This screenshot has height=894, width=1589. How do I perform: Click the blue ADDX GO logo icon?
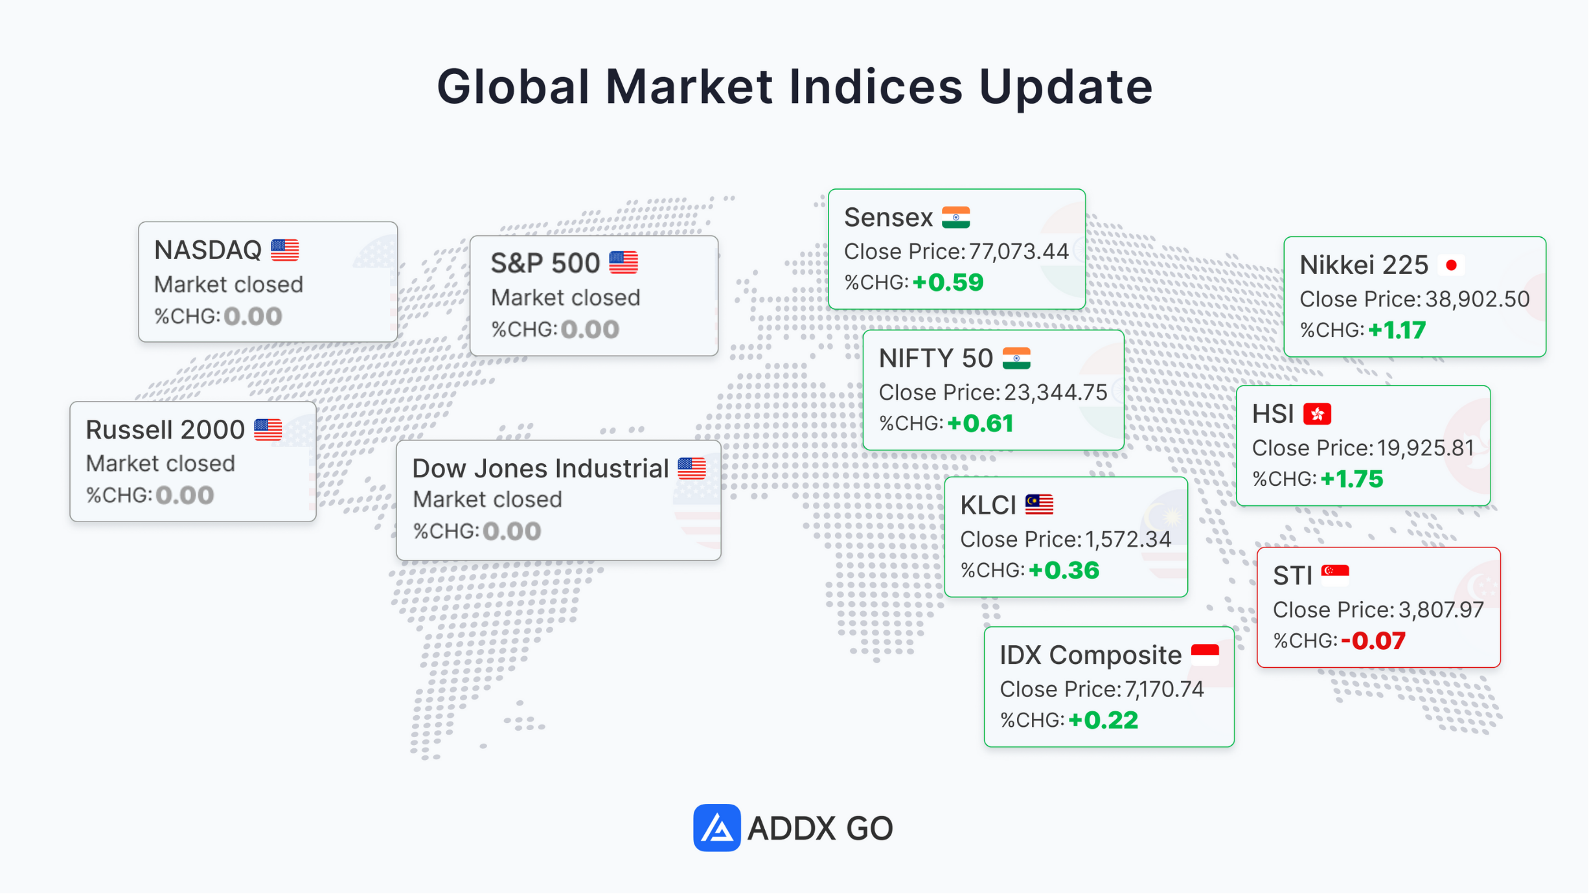coord(716,828)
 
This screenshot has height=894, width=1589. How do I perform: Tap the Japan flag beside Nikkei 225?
coord(1451,265)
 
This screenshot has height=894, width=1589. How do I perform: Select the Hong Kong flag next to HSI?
coord(1317,414)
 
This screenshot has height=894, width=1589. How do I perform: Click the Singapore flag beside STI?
coord(1335,575)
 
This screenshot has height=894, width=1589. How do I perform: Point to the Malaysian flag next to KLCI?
coord(1039,505)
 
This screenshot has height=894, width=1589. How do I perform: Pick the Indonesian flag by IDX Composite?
coord(1205,654)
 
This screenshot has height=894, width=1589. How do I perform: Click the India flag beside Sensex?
coord(955,218)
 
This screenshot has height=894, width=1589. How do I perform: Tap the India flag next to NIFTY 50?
coord(1016,358)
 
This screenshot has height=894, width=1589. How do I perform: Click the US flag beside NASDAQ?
coord(284,250)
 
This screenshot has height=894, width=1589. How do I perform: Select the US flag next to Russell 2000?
coord(268,430)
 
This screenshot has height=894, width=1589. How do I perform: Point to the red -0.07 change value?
coord(1373,641)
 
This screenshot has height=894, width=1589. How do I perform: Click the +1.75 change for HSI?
coord(1352,479)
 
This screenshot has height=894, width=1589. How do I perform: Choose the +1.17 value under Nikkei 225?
coord(1397,330)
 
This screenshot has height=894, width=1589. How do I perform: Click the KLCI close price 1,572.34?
coord(1128,539)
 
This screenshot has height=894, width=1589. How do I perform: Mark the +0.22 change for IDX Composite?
coord(1103,720)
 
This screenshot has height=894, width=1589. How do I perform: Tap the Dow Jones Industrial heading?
coord(540,468)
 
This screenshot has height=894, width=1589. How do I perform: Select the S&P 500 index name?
coord(545,263)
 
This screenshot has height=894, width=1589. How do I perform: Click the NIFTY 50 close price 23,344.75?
coord(1055,392)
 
